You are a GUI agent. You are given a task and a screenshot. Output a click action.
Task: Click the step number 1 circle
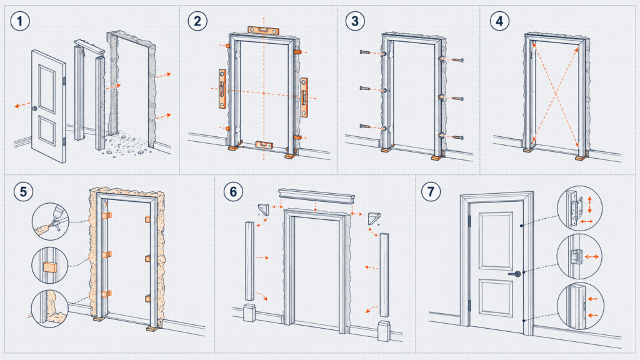20,21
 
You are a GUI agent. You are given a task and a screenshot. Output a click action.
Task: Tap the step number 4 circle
499,21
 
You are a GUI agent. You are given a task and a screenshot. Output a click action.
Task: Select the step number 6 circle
234,191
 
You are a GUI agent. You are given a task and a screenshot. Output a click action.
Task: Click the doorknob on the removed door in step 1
35,108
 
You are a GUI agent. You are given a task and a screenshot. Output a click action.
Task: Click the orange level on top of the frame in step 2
263,30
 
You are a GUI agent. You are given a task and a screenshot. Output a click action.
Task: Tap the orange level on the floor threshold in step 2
264,144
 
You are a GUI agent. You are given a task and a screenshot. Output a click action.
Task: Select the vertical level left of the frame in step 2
222,89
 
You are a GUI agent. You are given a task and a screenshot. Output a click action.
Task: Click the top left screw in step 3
366,52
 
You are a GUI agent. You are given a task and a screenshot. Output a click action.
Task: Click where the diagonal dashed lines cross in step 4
556,95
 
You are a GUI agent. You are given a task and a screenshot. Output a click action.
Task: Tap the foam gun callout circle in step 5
51,222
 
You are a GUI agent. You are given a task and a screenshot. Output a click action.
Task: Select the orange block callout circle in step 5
50,265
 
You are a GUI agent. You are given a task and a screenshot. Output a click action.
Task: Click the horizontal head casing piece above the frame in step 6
316,195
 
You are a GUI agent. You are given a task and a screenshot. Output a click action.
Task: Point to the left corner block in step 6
264,209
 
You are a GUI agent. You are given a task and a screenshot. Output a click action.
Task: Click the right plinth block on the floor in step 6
384,331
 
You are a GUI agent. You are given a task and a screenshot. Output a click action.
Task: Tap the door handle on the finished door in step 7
516,274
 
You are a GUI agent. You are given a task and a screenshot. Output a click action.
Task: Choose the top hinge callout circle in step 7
579,208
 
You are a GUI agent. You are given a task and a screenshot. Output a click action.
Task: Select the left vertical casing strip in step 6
249,261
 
